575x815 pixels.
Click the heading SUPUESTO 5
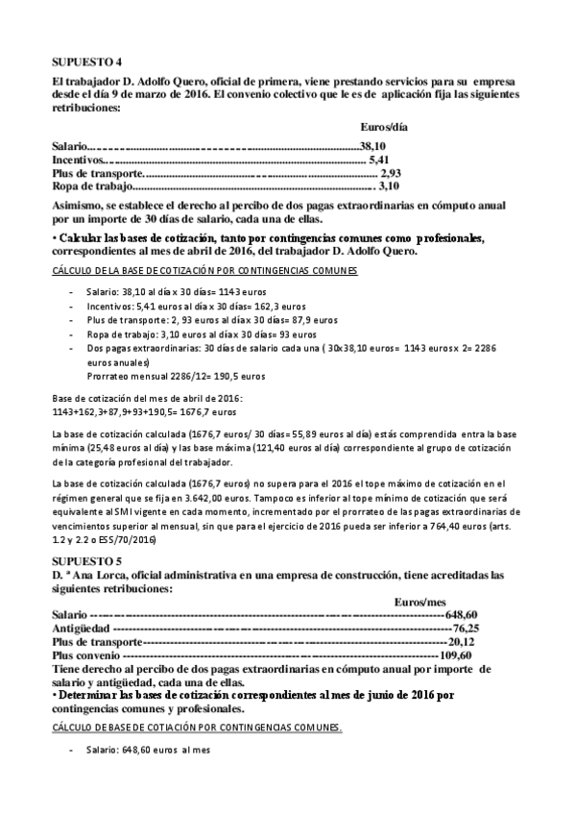(83, 558)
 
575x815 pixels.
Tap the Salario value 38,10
(371, 146)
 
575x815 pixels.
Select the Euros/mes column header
(419, 601)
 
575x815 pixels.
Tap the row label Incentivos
(78, 160)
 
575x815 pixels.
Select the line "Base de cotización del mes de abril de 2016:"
(147, 398)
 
